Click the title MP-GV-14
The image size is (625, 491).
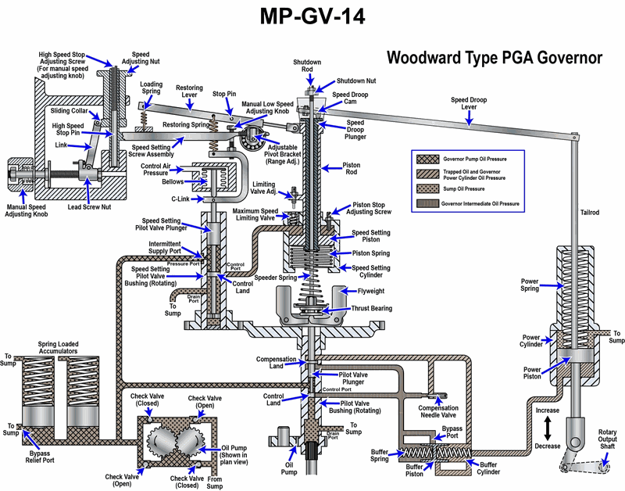tap(312, 17)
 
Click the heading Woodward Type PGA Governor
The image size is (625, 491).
tap(495, 58)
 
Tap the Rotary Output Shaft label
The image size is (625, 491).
tap(607, 439)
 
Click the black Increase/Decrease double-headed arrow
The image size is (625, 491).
tap(548, 427)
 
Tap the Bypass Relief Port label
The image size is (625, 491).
tap(55, 456)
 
